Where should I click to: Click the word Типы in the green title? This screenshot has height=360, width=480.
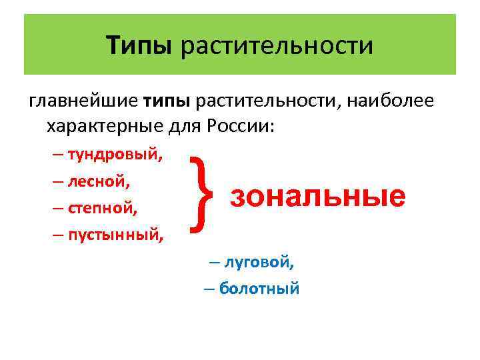139,46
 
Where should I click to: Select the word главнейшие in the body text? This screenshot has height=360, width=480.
83,101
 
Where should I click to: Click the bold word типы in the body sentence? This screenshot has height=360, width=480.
167,101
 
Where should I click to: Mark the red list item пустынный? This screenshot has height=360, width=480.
116,234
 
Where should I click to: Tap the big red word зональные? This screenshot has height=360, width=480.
317,196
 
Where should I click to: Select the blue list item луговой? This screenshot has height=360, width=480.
258,261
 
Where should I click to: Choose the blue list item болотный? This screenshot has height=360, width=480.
259,288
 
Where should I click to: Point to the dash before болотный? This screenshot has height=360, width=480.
209,288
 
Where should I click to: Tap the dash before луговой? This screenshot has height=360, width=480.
214,261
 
